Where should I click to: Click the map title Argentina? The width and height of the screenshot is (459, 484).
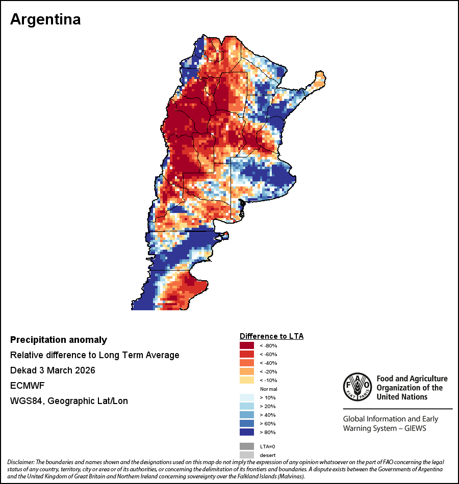45,19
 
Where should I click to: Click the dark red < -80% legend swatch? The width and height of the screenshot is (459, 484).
247,345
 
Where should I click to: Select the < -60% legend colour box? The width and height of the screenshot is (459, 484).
247,354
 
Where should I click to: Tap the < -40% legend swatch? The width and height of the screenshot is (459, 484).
247,363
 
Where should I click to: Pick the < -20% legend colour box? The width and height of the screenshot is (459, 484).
247,371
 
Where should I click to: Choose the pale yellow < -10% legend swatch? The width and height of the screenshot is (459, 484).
247,380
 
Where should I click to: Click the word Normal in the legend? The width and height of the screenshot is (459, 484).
268,389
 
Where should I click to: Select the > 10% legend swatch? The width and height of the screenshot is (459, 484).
247,397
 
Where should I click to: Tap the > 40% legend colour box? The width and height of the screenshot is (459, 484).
247,415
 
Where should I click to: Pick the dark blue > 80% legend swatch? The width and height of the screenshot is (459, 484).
247,432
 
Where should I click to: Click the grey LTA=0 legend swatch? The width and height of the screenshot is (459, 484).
247,446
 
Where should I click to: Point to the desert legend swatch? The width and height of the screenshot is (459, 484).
247,454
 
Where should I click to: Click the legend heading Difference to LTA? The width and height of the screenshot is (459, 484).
271,336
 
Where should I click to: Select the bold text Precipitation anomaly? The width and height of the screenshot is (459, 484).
59,340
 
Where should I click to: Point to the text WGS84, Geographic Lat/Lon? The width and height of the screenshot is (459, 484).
69,401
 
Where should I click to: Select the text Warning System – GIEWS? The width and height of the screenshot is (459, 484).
385,428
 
